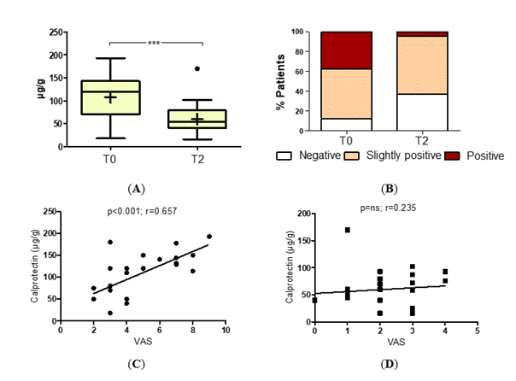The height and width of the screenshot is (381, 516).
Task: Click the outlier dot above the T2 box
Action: [197, 68]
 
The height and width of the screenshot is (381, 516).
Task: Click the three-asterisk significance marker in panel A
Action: [154, 43]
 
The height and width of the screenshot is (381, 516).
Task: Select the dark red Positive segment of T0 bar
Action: [346, 50]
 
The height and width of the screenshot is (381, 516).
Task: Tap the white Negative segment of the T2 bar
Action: [422, 112]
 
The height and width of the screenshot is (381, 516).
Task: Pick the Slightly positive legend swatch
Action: [351, 155]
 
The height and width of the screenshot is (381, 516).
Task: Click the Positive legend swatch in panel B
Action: [452, 155]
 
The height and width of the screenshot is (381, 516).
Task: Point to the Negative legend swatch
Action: [284, 155]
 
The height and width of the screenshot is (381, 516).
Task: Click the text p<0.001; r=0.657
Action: [142, 211]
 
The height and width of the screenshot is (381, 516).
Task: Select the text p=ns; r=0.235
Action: [388, 208]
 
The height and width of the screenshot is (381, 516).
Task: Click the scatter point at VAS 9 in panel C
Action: [209, 237]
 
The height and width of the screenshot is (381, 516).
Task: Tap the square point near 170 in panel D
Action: [348, 230]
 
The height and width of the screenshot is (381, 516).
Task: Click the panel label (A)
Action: [136, 189]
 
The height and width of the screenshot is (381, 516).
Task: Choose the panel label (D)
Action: [389, 364]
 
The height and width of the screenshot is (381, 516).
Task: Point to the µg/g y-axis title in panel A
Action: [41, 89]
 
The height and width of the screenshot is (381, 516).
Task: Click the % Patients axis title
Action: [281, 82]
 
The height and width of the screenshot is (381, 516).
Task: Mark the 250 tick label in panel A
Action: [56, 32]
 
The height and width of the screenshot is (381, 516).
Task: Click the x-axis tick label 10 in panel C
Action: [226, 330]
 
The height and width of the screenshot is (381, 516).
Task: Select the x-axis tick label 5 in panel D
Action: [478, 331]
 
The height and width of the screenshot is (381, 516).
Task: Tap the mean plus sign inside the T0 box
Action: [110, 97]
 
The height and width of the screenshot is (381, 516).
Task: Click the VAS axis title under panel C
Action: [144, 341]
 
